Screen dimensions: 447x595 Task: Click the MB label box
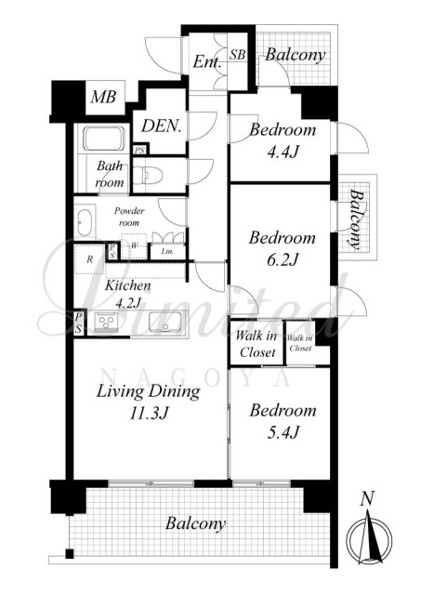(103, 98)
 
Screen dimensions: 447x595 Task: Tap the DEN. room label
(162, 126)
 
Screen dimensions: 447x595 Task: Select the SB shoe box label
(238, 55)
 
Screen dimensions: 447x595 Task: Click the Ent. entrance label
(207, 61)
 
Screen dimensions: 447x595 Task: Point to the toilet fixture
(148, 175)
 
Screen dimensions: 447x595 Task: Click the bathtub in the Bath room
(104, 139)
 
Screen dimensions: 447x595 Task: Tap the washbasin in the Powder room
(85, 222)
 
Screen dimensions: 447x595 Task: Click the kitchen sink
(164, 322)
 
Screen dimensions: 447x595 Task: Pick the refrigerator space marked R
(89, 260)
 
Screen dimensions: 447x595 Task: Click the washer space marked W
(134, 245)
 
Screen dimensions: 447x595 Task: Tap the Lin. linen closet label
(167, 251)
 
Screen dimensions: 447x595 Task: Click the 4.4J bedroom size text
(283, 152)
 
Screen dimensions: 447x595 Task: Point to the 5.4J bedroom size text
(283, 432)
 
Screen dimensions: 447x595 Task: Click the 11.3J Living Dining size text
(149, 413)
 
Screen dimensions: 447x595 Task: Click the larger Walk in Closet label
(256, 344)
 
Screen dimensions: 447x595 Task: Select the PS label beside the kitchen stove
(78, 322)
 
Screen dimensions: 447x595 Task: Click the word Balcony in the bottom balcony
(195, 524)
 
